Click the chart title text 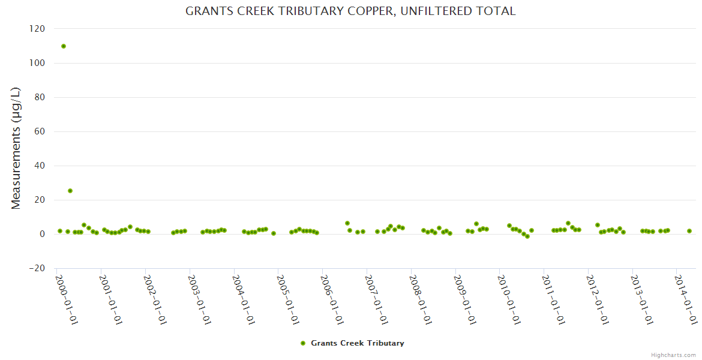point(350,11)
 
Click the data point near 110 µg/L point(64,46)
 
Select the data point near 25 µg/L point(70,191)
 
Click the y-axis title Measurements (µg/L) point(16,148)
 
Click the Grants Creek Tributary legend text point(357,343)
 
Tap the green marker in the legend point(303,343)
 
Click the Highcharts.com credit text point(673,355)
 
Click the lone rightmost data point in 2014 point(689,231)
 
